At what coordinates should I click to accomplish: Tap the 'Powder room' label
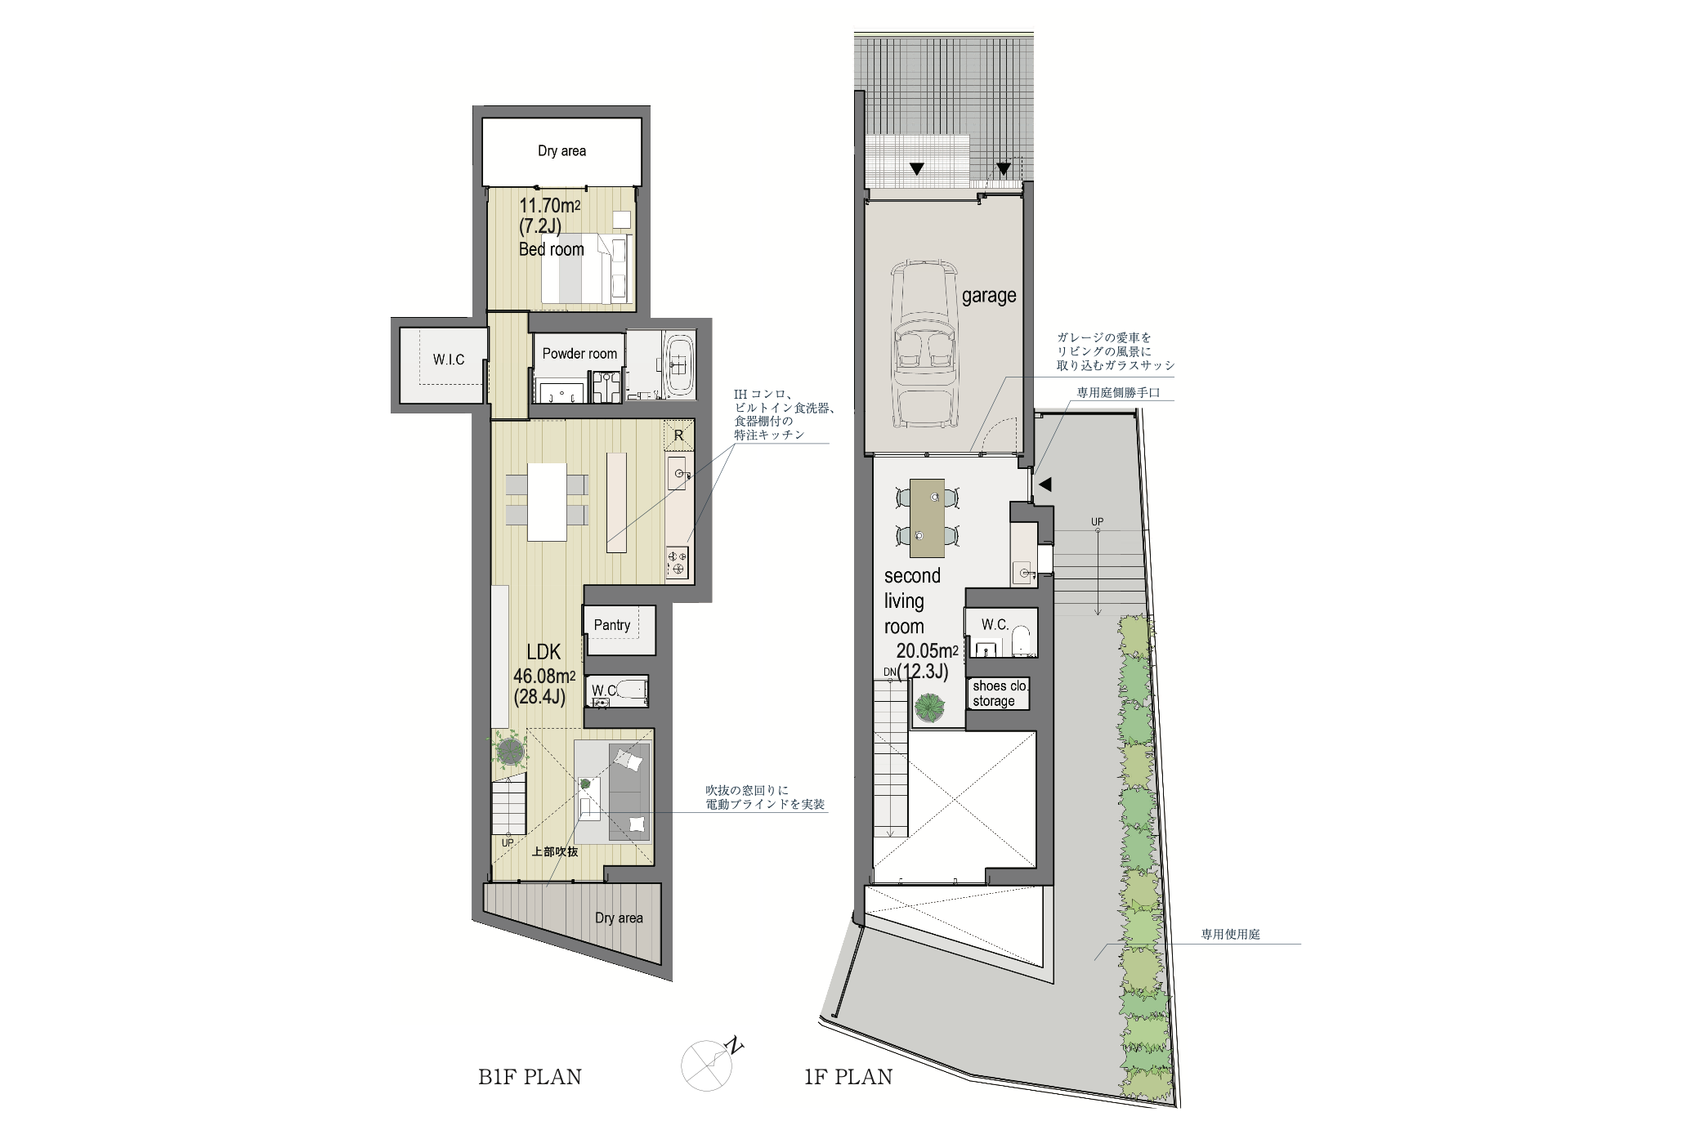[579, 354]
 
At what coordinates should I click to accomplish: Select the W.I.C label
[449, 360]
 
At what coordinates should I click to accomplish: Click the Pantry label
[612, 625]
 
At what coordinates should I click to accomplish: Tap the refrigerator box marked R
[678, 435]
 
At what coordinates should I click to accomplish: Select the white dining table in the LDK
[547, 502]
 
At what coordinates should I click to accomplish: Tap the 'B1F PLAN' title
[530, 1077]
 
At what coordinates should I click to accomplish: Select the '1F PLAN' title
[848, 1077]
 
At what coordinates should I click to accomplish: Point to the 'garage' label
[989, 296]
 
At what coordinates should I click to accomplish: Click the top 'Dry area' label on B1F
[561, 151]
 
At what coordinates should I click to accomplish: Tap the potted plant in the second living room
[930, 708]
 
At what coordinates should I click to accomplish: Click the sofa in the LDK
[628, 792]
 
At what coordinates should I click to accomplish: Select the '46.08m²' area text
[544, 677]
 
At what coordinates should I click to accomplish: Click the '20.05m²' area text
[927, 651]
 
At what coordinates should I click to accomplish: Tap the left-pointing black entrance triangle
[1044, 485]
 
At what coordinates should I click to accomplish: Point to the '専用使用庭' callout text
[1230, 934]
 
